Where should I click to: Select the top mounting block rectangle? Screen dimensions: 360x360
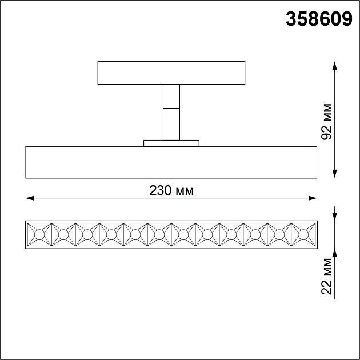point(171,73)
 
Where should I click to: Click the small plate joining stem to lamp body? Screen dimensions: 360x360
point(171,143)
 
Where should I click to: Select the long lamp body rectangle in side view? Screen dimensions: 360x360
point(171,162)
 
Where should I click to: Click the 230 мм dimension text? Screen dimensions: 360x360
point(171,191)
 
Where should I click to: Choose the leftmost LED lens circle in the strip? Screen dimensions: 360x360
point(39,234)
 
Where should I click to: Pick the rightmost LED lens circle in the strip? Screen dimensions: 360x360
point(303,234)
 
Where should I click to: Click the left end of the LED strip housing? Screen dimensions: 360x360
point(27,234)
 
